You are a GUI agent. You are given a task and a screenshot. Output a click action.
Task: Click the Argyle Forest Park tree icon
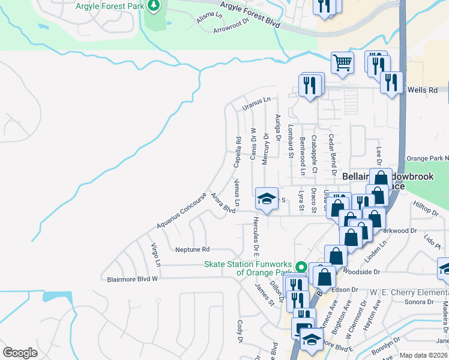click(x=155, y=5)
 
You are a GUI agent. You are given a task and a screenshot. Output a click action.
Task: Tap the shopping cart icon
click(x=342, y=62)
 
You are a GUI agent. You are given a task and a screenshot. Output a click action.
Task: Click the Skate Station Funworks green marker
click(x=301, y=267)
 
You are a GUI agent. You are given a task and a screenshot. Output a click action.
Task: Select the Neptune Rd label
click(x=192, y=249)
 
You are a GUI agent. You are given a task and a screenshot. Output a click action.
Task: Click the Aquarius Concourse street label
click(x=181, y=214)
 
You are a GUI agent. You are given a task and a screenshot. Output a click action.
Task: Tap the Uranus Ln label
click(x=257, y=103)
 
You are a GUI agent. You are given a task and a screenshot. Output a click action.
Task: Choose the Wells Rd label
click(x=423, y=90)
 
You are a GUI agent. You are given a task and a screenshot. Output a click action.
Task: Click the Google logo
click(x=20, y=353)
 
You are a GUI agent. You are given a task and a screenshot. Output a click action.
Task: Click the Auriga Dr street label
click(x=277, y=127)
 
